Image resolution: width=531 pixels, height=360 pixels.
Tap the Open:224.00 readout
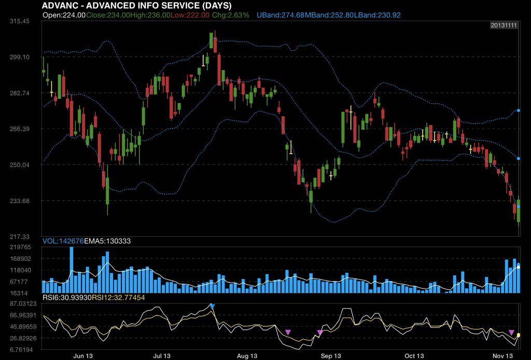click(64, 15)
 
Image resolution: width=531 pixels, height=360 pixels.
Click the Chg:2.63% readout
click(231, 15)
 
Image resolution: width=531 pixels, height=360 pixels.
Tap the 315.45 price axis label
click(19, 21)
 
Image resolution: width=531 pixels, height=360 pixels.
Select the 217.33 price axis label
click(19, 237)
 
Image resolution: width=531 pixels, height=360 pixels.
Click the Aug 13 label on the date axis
click(247, 356)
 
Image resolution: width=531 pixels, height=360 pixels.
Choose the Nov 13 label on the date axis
click(502, 356)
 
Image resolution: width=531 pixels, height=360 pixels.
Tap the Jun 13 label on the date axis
click(83, 356)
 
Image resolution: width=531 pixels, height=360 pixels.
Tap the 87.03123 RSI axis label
click(20, 303)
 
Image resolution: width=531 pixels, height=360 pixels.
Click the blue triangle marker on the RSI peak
click(212, 307)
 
